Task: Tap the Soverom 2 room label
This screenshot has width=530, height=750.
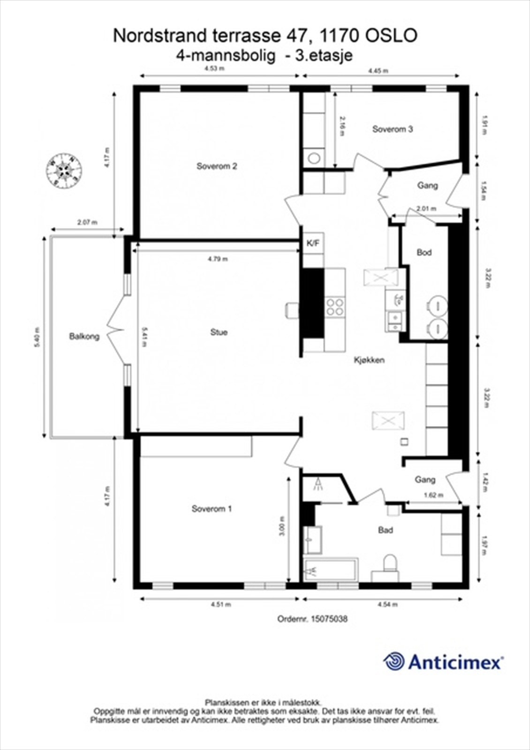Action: pyautogui.click(x=217, y=166)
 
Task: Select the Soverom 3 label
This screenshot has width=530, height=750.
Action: pyautogui.click(x=393, y=129)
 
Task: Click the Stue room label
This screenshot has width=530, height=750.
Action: pyautogui.click(x=219, y=332)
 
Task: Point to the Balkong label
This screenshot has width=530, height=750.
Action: pyautogui.click(x=84, y=336)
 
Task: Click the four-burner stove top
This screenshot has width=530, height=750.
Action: pyautogui.click(x=335, y=307)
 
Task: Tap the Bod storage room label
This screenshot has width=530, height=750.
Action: pyautogui.click(x=424, y=253)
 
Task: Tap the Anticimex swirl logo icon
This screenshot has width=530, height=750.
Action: pyautogui.click(x=394, y=661)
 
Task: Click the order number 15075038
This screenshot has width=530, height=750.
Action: pyautogui.click(x=328, y=619)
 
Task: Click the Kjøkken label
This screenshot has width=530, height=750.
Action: pyautogui.click(x=369, y=360)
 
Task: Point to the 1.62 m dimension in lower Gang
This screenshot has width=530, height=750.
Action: pyautogui.click(x=432, y=495)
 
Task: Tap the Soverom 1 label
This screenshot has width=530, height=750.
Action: pyautogui.click(x=212, y=509)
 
